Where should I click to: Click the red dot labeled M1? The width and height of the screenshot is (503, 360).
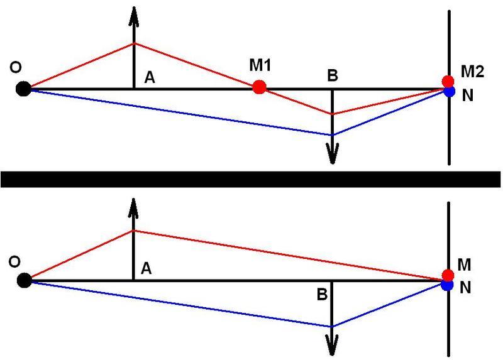click(x=259, y=87)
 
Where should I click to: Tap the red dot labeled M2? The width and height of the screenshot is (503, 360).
click(x=448, y=81)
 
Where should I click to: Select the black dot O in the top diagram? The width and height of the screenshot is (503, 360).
click(x=23, y=89)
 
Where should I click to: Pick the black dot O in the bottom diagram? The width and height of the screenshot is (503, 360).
click(x=25, y=281)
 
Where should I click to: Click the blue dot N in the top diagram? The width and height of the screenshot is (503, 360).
click(x=450, y=92)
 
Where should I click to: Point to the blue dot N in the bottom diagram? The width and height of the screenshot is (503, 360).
click(x=447, y=285)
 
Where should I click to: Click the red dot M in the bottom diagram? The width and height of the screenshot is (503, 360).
click(x=448, y=275)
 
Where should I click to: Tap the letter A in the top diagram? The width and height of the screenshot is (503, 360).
click(x=150, y=77)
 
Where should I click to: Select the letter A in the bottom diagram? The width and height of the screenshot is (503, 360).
click(x=146, y=268)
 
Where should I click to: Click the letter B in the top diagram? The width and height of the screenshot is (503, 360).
click(x=333, y=75)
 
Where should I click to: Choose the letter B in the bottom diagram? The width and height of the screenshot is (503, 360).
click(x=322, y=294)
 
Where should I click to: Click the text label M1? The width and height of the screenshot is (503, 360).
click(x=260, y=65)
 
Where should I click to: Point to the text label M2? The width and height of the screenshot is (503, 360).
click(x=472, y=72)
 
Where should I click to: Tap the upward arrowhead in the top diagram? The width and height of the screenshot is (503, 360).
click(x=134, y=16)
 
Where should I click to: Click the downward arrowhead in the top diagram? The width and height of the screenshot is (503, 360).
click(x=333, y=154)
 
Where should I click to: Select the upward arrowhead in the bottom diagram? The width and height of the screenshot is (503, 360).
click(x=133, y=209)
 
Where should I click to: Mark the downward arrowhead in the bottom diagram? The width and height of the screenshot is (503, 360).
click(x=332, y=346)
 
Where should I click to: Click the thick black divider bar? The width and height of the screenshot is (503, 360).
click(x=250, y=179)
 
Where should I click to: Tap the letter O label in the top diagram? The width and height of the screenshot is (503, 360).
click(x=16, y=68)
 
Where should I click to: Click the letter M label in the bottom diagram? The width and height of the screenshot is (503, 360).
click(x=464, y=265)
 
